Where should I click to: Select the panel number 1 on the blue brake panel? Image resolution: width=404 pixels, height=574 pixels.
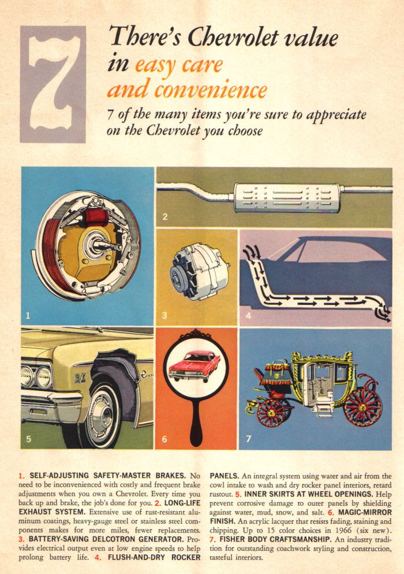[x=27, y=315]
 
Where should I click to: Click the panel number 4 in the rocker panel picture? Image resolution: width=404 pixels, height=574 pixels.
[x=248, y=315]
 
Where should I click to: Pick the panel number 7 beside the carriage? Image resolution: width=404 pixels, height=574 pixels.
[x=249, y=439]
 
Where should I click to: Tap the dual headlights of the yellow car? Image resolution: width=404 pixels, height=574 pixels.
[x=35, y=376]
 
